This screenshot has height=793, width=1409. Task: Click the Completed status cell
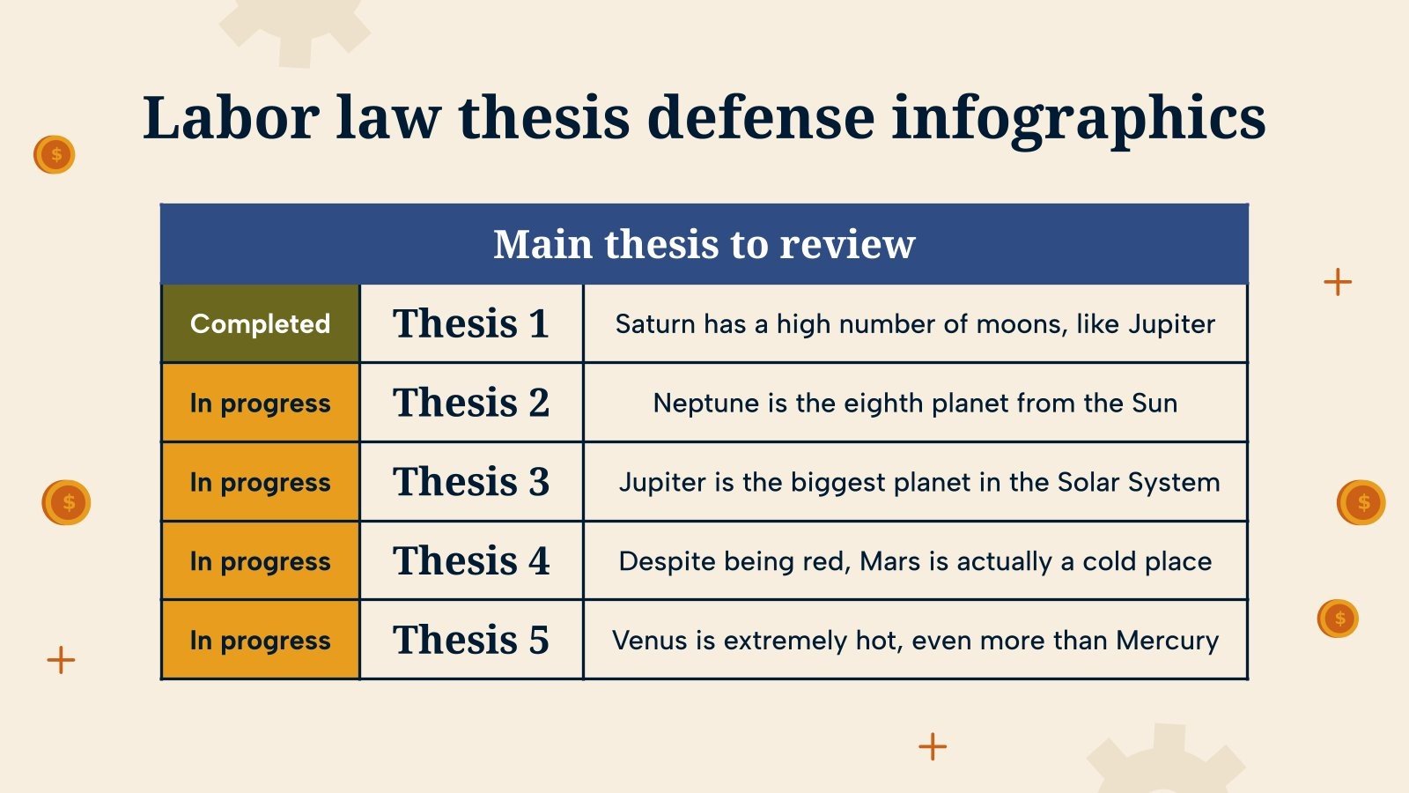[260, 323]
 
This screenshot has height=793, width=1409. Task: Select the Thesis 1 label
[471, 323]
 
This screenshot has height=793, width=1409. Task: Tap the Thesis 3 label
[471, 482]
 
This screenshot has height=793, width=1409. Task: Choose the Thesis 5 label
[471, 640]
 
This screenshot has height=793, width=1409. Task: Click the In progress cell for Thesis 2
[260, 403]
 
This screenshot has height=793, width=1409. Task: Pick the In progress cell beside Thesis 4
[260, 561]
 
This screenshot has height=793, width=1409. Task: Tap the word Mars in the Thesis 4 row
[889, 561]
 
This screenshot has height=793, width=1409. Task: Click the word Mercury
[1167, 641]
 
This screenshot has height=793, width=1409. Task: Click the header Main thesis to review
[704, 244]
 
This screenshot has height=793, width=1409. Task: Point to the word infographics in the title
[1078, 118]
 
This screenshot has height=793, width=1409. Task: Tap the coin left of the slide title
[55, 155]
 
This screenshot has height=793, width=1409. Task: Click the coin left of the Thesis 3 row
[67, 502]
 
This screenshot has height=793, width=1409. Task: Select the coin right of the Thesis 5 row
[1338, 618]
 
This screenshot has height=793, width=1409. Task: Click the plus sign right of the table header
[1337, 282]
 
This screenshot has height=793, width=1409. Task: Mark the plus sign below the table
[932, 746]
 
